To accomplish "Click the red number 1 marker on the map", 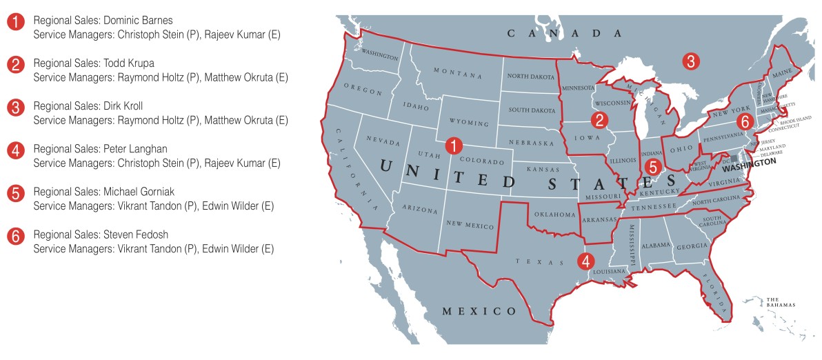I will pos(453,146).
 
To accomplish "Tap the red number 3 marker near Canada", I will pos(688,61).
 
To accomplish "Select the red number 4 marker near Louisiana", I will pos(585,261).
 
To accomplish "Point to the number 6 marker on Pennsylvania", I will pos(743,121).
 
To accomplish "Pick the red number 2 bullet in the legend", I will pos(15,65).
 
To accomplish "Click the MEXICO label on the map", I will pos(479,311).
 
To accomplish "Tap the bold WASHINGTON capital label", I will pos(748,161).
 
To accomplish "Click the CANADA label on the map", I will pos(564,33).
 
